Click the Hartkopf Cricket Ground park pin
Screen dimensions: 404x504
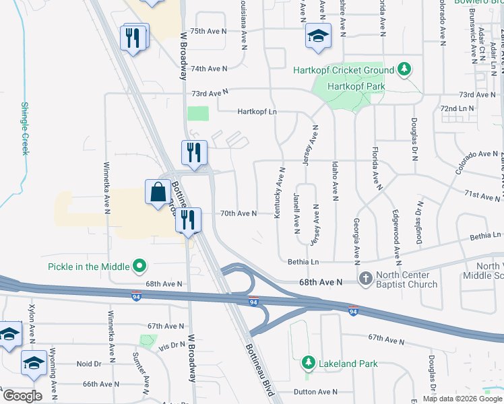[404, 69]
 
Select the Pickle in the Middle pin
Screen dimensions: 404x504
[140, 267]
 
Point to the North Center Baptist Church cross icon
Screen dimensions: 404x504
[366, 278]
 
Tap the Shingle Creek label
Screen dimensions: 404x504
[25, 128]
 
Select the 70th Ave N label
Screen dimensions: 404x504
[239, 213]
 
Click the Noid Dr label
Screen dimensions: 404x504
[89, 364]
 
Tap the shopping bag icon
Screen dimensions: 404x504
[158, 192]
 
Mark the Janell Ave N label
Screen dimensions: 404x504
[296, 211]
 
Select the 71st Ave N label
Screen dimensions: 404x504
[480, 195]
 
